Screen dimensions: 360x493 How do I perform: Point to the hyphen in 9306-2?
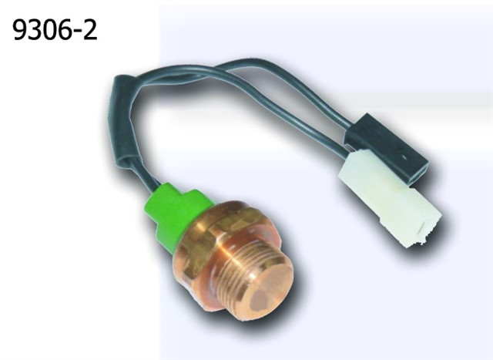[75, 32]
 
